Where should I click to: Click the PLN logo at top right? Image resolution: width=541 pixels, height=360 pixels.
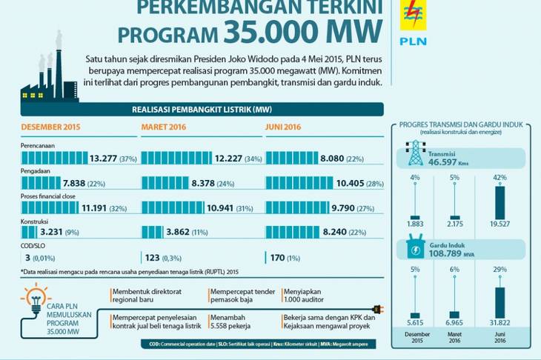click(x=413, y=22)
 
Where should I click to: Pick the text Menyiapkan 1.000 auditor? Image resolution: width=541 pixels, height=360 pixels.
click(x=308, y=297)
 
